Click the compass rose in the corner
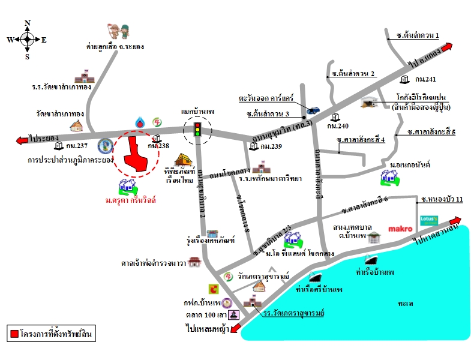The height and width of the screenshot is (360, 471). point(27,40)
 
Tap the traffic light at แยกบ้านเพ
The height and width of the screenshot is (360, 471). point(197,128)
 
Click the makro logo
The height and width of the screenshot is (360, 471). point(400,229)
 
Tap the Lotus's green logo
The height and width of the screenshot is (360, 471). point(430,220)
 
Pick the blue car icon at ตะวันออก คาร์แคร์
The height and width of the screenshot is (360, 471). point(313,110)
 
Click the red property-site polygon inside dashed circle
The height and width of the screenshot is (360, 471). point(137,154)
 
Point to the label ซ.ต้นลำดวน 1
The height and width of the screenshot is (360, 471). point(418,35)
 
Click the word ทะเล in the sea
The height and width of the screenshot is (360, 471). point(405,304)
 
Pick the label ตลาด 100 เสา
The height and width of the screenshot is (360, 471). point(205,314)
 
